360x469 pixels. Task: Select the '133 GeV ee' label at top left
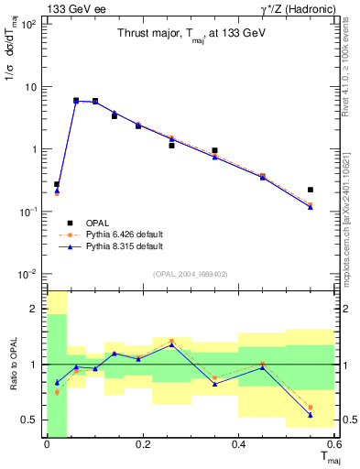(x=72, y=8)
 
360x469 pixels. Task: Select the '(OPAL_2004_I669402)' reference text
(x=190, y=272)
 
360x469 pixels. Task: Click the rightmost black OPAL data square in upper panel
(x=311, y=190)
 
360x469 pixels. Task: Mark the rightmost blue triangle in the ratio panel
(x=311, y=415)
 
